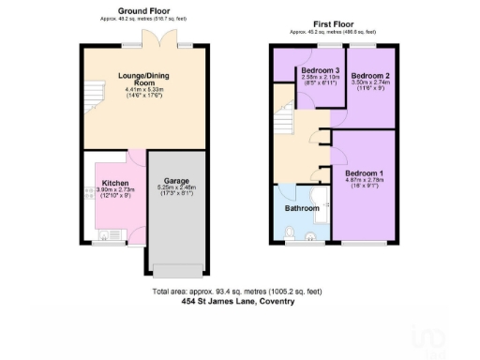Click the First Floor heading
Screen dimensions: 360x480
pos(333,23)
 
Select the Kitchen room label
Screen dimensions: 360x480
pos(115,184)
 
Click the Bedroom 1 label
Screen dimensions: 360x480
pos(364,174)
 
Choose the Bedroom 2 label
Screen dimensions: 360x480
pos(368,76)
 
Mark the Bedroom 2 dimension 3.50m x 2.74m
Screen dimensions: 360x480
pos(368,83)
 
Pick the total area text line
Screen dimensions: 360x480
pos(240,292)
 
